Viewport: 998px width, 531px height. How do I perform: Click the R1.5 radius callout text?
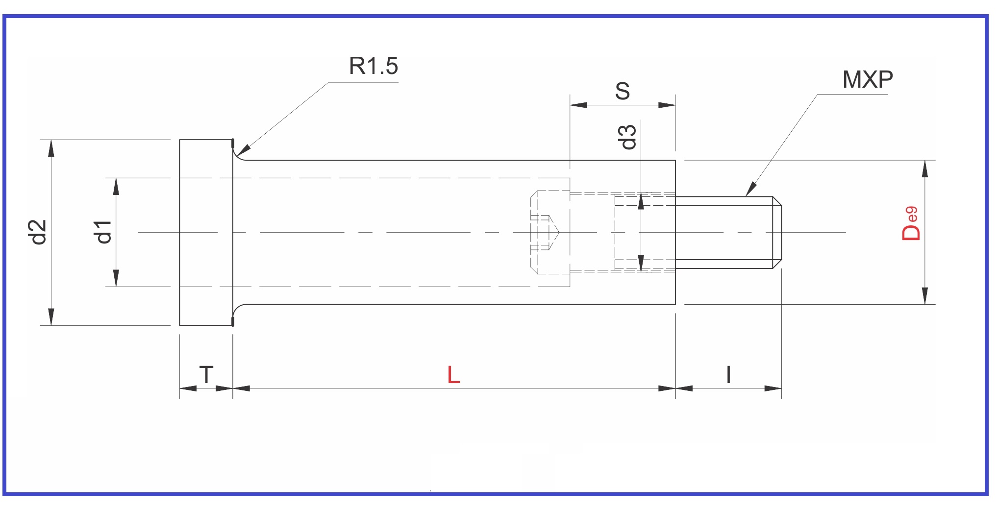click(373, 66)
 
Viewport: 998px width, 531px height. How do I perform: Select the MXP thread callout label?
click(867, 79)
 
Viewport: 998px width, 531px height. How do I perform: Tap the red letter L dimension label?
click(453, 375)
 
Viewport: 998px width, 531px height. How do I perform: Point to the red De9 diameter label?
click(910, 224)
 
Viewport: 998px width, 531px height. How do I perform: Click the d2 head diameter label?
click(38, 232)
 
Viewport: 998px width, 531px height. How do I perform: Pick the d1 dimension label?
click(103, 232)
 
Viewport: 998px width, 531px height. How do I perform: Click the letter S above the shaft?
click(622, 91)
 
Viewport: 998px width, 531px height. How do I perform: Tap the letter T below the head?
click(206, 375)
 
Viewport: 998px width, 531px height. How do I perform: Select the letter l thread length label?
click(728, 375)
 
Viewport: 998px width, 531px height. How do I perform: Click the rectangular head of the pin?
click(206, 232)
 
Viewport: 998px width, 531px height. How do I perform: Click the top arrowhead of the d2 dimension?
click(51, 148)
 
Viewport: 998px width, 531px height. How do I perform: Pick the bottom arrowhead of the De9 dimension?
click(924, 296)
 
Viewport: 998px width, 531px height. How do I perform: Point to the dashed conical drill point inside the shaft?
click(554, 232)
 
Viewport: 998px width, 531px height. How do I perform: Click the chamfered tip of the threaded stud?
click(777, 232)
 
